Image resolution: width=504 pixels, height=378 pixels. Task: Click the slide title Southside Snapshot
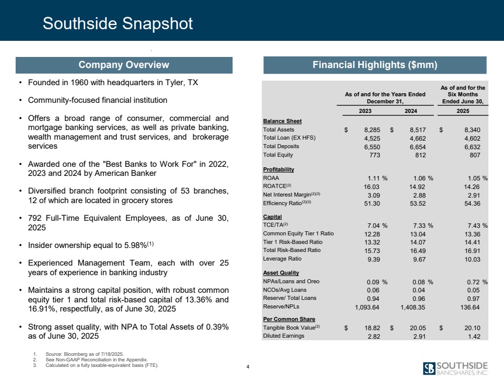[118, 24]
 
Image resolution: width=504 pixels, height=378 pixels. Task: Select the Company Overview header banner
[124, 65]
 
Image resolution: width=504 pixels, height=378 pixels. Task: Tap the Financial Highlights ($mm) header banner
[373, 65]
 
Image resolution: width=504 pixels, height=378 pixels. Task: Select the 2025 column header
[463, 112]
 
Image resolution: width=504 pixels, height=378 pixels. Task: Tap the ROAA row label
[271, 178]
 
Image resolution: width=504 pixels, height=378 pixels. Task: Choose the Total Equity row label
[279, 155]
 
